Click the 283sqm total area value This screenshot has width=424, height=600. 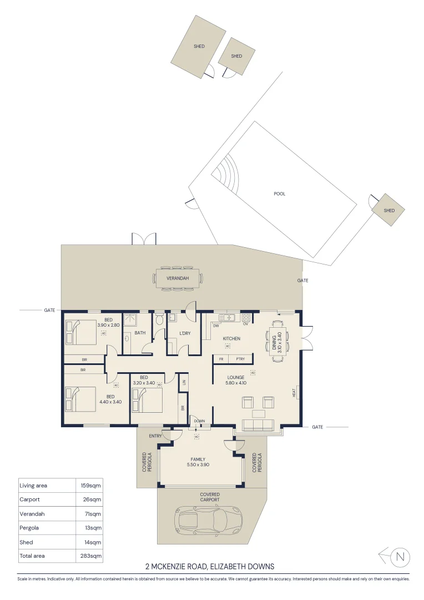(x=88, y=556)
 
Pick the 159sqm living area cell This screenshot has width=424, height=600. (x=88, y=486)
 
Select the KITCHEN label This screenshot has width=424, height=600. (x=231, y=338)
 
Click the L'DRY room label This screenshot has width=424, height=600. (x=185, y=333)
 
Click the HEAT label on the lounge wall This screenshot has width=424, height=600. (x=294, y=392)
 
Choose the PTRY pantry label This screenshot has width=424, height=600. (x=240, y=359)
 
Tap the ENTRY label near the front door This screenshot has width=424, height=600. (x=155, y=436)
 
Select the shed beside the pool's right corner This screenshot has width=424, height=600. (x=388, y=210)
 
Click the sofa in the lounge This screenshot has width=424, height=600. (x=259, y=426)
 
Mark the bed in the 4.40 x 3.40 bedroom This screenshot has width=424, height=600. (x=83, y=399)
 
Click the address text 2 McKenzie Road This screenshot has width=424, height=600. (x=210, y=567)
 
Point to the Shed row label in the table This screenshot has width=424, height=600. (x=26, y=542)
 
